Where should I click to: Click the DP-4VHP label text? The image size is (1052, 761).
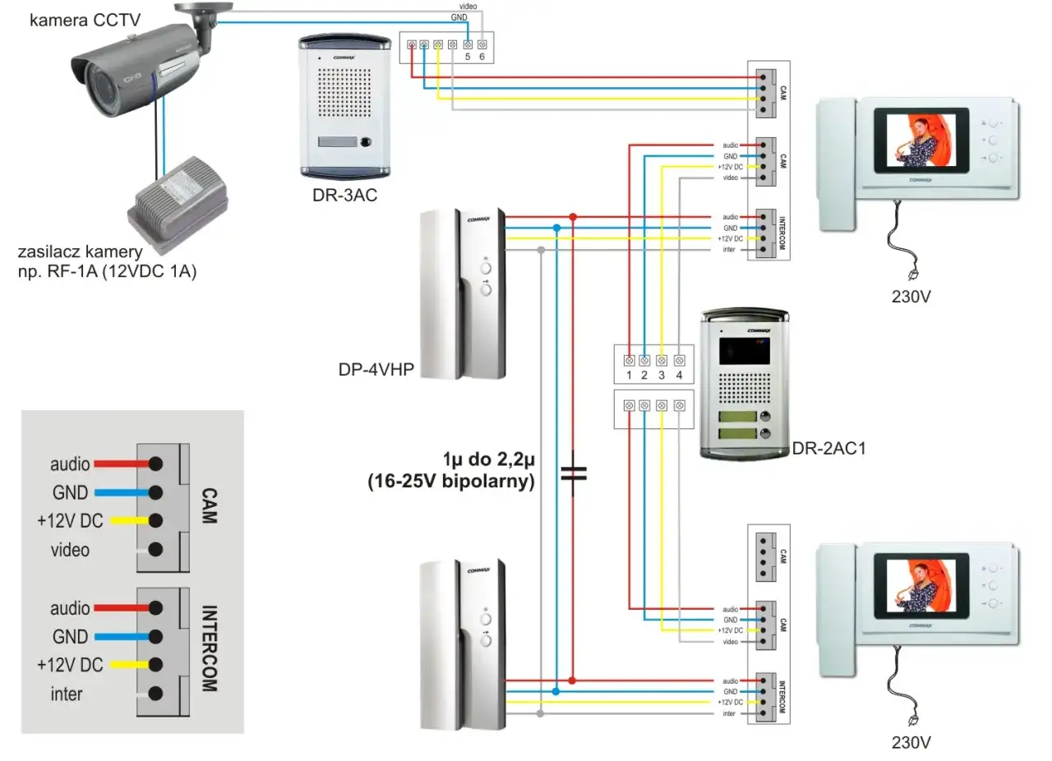(x=376, y=370)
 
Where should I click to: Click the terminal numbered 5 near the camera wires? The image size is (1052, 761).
(x=468, y=44)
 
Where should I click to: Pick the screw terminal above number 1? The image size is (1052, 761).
(x=629, y=360)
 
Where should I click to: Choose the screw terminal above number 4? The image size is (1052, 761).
(x=680, y=360)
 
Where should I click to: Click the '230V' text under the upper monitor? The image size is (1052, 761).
(x=911, y=295)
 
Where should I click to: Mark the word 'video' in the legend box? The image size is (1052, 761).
(x=70, y=550)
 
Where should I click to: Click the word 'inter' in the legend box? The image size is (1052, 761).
(x=67, y=694)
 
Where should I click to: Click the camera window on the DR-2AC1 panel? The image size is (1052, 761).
(x=743, y=349)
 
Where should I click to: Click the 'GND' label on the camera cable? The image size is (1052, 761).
(x=460, y=17)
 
